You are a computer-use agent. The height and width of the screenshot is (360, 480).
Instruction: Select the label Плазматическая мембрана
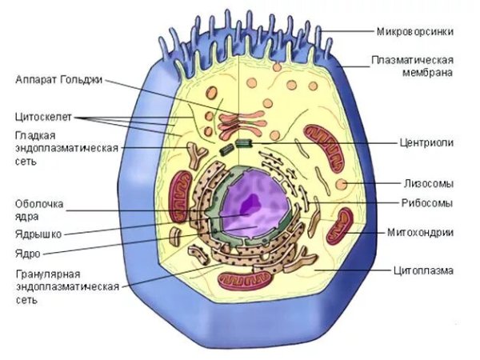[x=413, y=66]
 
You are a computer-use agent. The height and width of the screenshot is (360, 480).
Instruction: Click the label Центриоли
[x=427, y=142]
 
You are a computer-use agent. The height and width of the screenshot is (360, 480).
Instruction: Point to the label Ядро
[x=28, y=253]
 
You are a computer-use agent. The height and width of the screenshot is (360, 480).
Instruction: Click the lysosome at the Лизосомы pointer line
[x=342, y=185]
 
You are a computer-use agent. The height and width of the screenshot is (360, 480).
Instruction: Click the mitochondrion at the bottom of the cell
[x=239, y=279]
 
